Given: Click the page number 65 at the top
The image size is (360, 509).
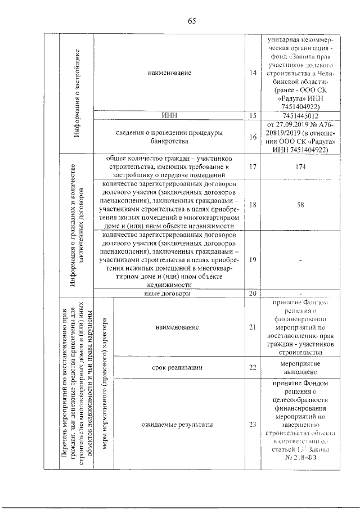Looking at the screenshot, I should (x=191, y=21).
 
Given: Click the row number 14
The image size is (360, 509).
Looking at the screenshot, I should (x=253, y=73).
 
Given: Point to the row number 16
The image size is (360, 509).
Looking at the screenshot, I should (x=253, y=137).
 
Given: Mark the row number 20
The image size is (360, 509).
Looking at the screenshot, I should (x=253, y=293).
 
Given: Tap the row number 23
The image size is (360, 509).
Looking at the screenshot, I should (x=253, y=425).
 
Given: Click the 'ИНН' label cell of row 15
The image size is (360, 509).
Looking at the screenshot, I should (x=169, y=115).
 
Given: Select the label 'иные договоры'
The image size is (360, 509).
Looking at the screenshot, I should (x=169, y=293).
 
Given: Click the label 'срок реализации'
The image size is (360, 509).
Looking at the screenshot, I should (x=178, y=367).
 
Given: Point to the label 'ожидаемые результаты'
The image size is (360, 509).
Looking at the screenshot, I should (x=178, y=425).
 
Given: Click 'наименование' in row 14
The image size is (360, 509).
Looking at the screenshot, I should (x=169, y=73).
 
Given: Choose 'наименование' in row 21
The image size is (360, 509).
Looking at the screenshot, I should (x=178, y=327).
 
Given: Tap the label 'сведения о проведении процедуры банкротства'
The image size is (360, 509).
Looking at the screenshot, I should (x=169, y=137).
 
